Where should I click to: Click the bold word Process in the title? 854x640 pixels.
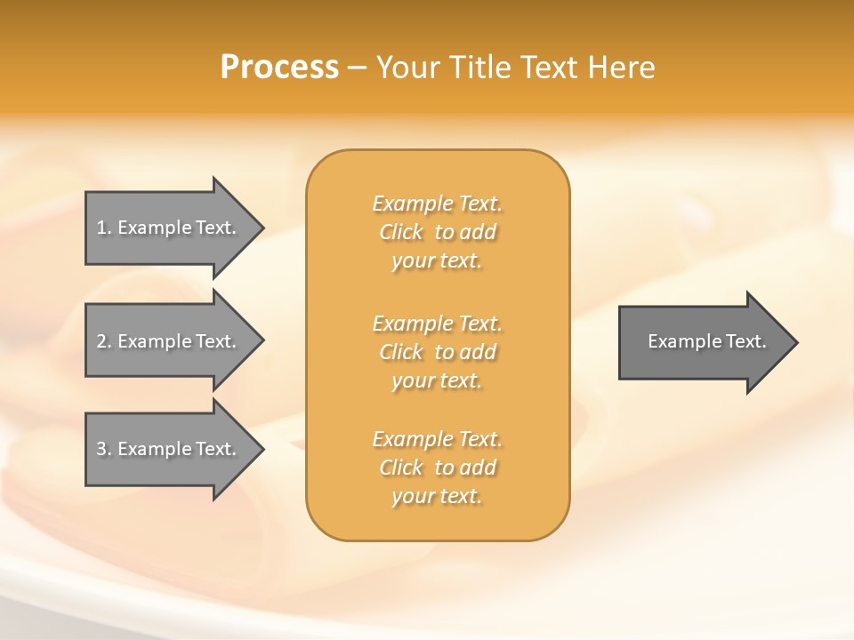point(279,68)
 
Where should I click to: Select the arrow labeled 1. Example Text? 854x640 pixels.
point(169,228)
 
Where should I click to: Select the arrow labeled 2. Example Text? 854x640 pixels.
point(169,341)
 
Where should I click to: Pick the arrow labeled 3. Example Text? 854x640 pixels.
point(169,449)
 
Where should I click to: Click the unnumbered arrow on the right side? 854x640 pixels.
point(703,341)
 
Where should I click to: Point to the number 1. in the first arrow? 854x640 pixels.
point(104,228)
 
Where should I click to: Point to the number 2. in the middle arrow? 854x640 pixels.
point(104,341)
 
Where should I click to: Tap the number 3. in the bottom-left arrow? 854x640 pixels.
point(104,449)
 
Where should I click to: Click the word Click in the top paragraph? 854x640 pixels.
point(401,232)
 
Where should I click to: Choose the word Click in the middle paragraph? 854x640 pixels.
point(401,352)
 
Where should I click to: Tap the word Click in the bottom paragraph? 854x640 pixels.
point(401,468)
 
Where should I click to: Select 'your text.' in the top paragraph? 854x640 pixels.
point(437,260)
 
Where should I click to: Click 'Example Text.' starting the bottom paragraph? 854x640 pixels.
point(437,439)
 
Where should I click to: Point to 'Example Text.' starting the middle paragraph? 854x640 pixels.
point(437,324)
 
